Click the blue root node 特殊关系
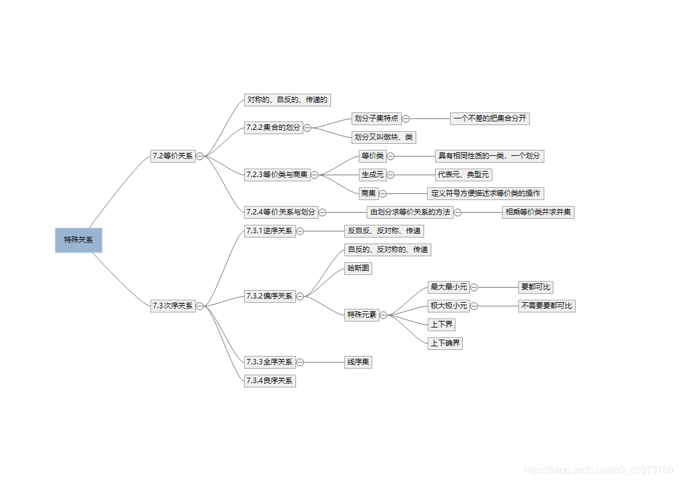(79, 240)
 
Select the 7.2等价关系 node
(173, 156)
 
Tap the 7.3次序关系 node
(173, 306)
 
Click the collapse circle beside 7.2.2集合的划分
(307, 128)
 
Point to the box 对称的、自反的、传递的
(287, 100)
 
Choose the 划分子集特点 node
(376, 118)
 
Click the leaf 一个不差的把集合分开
(489, 118)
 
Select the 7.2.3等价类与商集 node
(277, 175)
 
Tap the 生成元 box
(372, 175)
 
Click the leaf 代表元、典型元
(463, 175)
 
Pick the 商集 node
(368, 193)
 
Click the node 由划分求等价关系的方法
(410, 212)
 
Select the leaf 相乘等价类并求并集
(538, 212)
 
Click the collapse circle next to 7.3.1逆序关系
(300, 231)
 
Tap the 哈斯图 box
(358, 268)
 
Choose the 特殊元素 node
(361, 315)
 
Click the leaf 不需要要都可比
(546, 306)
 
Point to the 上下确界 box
(445, 343)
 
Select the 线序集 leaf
(358, 362)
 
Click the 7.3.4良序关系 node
(269, 381)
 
